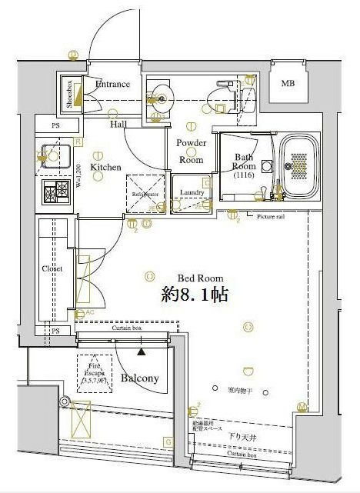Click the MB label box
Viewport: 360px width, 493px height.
[x=288, y=83]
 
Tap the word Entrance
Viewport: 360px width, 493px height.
[x=112, y=85]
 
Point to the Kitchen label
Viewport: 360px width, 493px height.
[x=105, y=166]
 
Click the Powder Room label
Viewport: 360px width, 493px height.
[x=191, y=151]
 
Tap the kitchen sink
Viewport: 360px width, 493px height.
[x=55, y=154]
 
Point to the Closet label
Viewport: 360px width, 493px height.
[x=52, y=268]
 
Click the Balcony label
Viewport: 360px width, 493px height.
[x=140, y=378]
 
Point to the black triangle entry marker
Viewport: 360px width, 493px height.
[x=141, y=351]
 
